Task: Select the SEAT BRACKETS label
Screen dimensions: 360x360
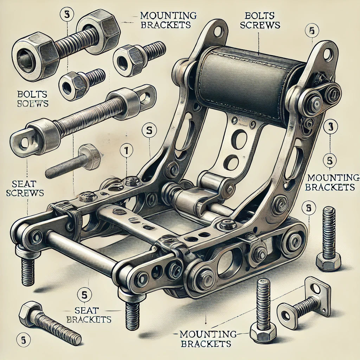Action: coord(89,315)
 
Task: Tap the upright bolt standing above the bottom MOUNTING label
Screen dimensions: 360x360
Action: coord(263,309)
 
